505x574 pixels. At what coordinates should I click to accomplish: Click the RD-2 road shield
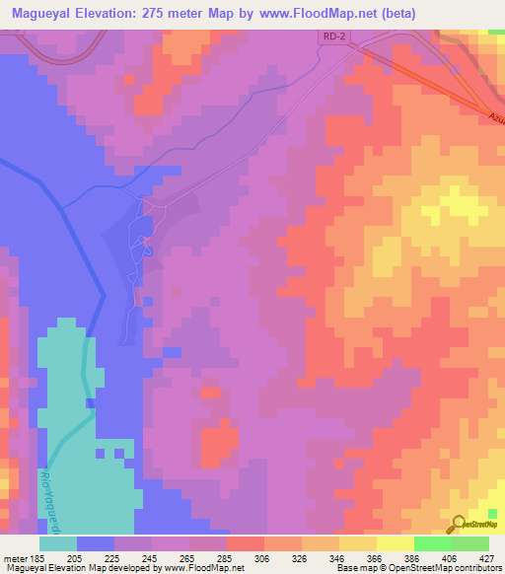point(334,36)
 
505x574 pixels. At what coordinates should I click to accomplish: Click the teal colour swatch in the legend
point(58,543)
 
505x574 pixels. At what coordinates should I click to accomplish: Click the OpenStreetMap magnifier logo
point(459,524)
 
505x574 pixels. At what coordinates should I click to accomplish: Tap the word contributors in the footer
point(478,568)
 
